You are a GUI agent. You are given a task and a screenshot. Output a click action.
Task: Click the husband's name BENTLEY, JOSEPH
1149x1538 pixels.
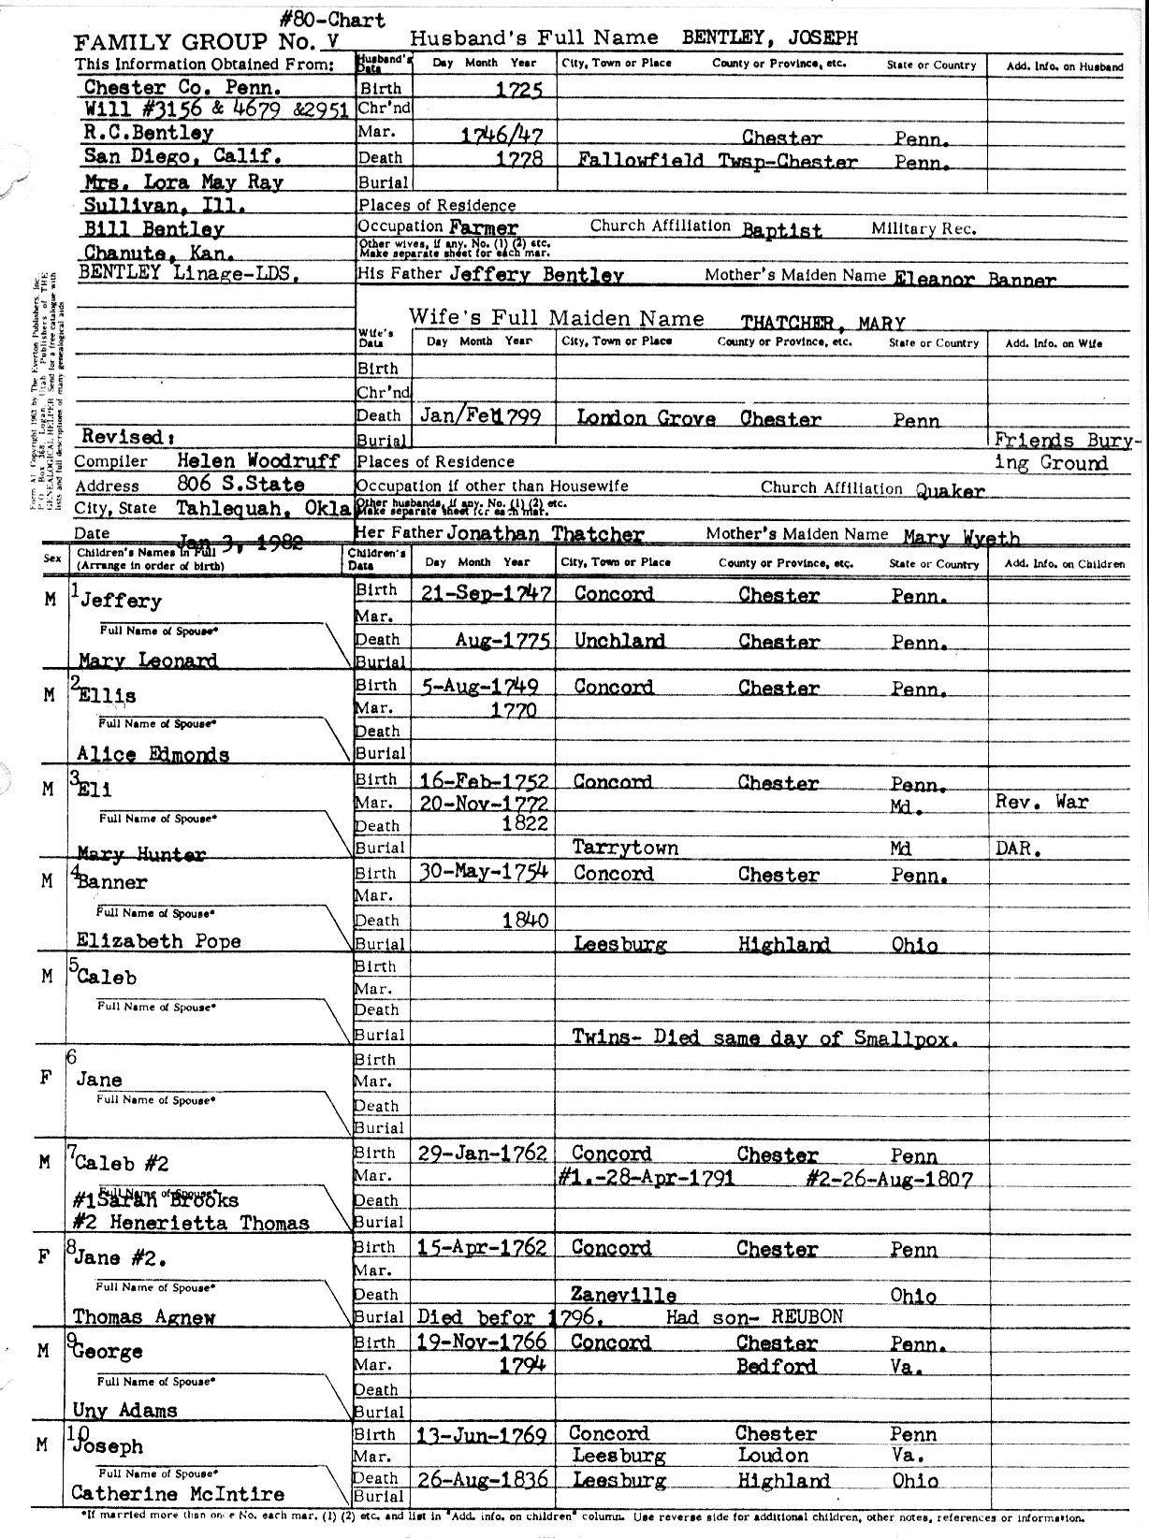[769, 38]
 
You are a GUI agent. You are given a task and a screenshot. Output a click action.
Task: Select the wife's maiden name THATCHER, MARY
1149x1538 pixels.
[823, 324]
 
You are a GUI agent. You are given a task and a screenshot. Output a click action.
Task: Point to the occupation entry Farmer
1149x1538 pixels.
[483, 227]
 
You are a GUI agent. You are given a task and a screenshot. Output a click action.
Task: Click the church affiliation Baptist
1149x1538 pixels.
[782, 230]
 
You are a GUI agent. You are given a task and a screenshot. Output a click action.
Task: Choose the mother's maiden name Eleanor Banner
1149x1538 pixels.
[975, 279]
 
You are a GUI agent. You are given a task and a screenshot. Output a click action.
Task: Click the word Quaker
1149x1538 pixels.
[950, 491]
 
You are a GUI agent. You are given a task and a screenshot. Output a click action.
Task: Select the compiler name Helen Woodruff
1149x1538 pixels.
[240, 460]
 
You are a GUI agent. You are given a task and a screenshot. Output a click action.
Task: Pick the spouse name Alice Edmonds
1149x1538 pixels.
[153, 754]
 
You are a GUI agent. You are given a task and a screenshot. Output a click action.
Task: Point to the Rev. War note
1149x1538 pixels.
[1041, 802]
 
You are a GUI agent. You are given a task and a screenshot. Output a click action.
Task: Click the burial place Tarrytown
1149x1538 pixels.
[625, 848]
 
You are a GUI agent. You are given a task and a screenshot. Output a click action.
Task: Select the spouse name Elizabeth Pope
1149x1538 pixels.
[158, 941]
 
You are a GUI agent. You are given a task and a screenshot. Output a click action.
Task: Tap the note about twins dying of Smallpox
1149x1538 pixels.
[764, 1037]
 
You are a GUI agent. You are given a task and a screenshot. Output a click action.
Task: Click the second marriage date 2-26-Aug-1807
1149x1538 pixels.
[889, 1179]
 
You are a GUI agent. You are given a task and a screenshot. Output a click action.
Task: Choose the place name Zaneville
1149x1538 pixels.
[624, 1296]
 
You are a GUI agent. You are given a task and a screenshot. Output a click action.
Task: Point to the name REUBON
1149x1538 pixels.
[807, 1317]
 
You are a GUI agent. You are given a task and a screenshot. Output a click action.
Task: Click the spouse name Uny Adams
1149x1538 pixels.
[124, 1410]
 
